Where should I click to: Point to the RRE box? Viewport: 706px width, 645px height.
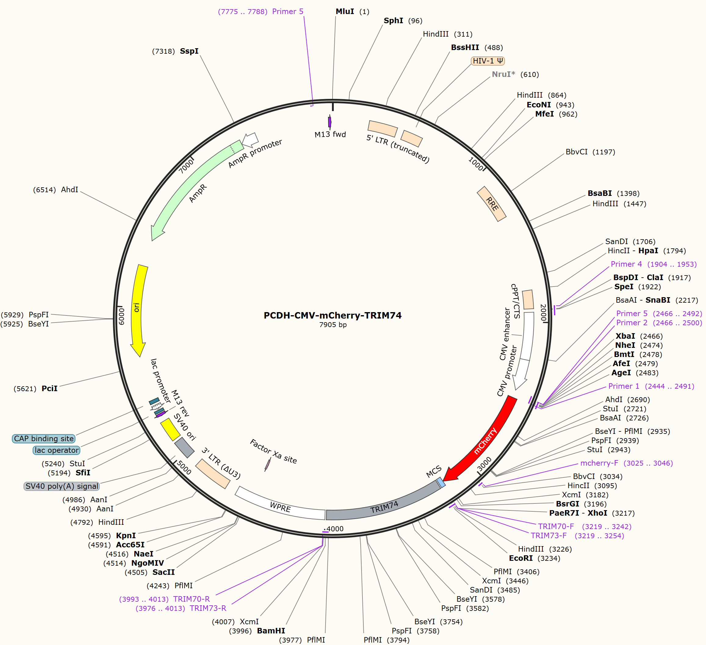point(492,204)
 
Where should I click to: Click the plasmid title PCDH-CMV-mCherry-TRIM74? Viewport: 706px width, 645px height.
point(332,315)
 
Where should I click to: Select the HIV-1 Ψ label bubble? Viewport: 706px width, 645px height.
point(488,61)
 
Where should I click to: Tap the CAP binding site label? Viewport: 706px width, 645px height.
point(44,438)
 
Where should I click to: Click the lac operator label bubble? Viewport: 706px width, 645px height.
point(56,450)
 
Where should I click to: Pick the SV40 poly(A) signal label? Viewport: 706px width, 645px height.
point(62,486)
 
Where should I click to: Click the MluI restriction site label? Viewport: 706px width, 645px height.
point(345,12)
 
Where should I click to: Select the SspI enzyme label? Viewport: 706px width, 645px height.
point(189,51)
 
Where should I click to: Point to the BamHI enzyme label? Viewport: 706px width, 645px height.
point(271,631)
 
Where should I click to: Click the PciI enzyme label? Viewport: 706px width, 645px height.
point(49,388)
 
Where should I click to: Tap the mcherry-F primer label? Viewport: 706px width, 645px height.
point(599,463)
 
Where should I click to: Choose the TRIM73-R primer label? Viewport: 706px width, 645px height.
point(208,608)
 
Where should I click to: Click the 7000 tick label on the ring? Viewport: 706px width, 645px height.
point(186,166)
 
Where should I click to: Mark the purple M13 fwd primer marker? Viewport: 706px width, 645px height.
point(330,122)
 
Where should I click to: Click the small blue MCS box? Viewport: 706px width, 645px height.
point(441,483)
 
